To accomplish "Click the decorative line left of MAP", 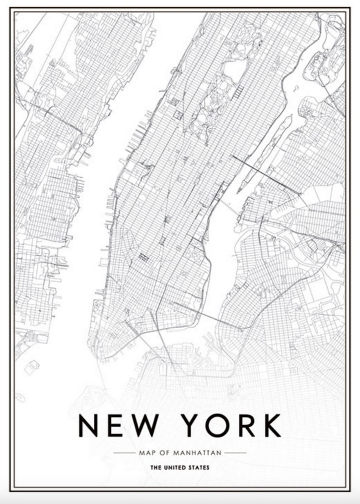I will click(124, 453).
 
